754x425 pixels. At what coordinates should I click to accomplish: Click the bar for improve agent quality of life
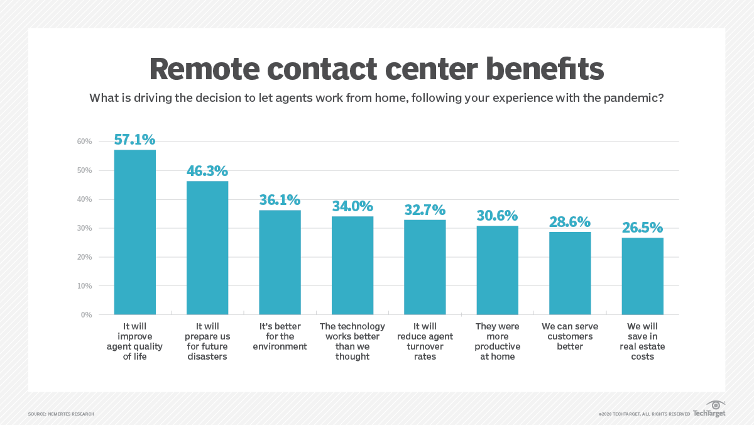(x=134, y=233)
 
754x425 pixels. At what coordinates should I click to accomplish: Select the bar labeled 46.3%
(x=207, y=248)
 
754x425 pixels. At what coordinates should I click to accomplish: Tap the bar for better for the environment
(x=280, y=263)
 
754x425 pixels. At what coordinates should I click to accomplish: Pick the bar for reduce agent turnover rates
(x=425, y=267)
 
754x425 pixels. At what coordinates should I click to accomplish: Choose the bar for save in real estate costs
(x=642, y=277)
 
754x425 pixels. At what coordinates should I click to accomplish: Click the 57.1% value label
(x=134, y=140)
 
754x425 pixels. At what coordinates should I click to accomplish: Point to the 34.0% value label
(x=352, y=206)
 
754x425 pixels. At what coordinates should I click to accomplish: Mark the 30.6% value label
(x=498, y=216)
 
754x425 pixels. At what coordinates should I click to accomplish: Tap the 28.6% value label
(x=570, y=222)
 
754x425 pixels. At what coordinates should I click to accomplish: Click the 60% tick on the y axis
(x=85, y=141)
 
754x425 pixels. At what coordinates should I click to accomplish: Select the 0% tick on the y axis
(x=87, y=314)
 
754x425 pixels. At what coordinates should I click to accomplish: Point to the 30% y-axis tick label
(x=85, y=228)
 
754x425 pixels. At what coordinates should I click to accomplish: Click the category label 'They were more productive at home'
(x=498, y=341)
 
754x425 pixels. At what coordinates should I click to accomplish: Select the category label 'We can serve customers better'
(x=570, y=336)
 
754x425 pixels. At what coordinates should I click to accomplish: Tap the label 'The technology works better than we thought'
(x=352, y=341)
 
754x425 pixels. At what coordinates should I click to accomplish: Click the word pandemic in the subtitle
(x=635, y=98)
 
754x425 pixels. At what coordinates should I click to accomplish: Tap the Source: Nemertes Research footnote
(x=61, y=414)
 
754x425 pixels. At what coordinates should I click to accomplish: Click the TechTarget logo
(x=710, y=410)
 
